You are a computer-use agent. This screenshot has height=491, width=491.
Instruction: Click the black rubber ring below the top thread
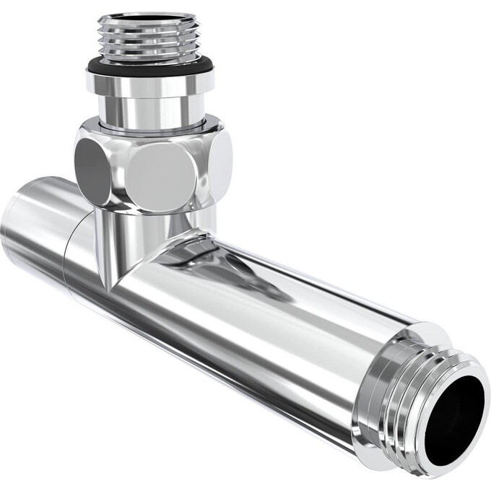(150, 66)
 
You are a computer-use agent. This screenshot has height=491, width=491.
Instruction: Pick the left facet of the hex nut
(92, 170)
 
